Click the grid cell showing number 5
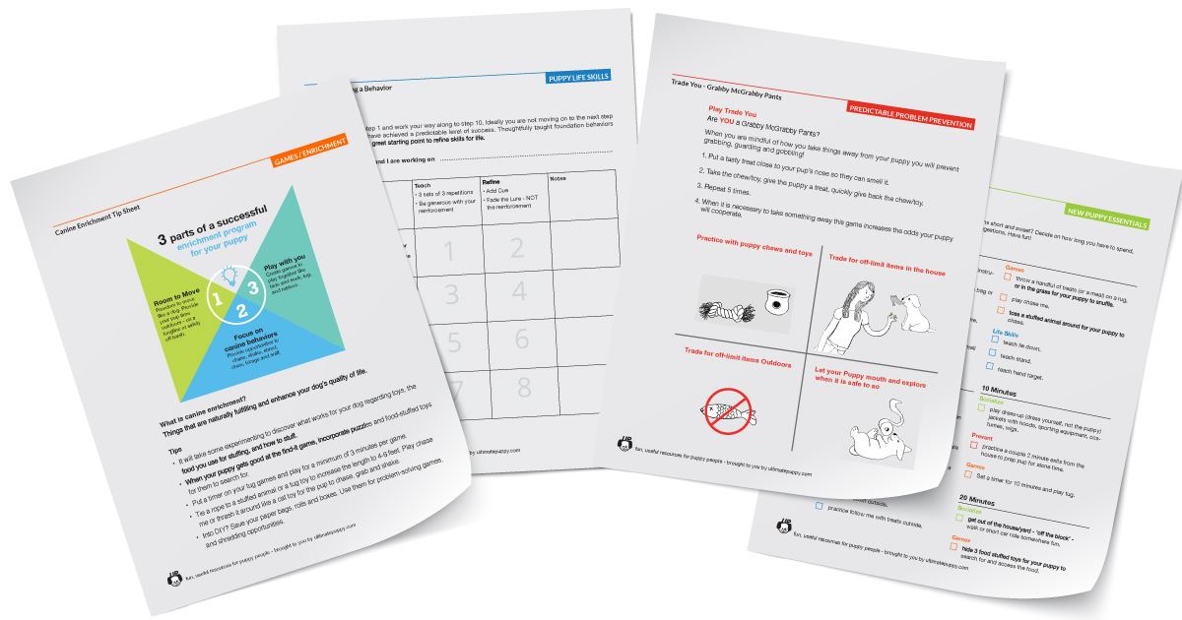pyautogui.click(x=452, y=341)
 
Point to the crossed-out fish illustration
pyautogui.click(x=729, y=406)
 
